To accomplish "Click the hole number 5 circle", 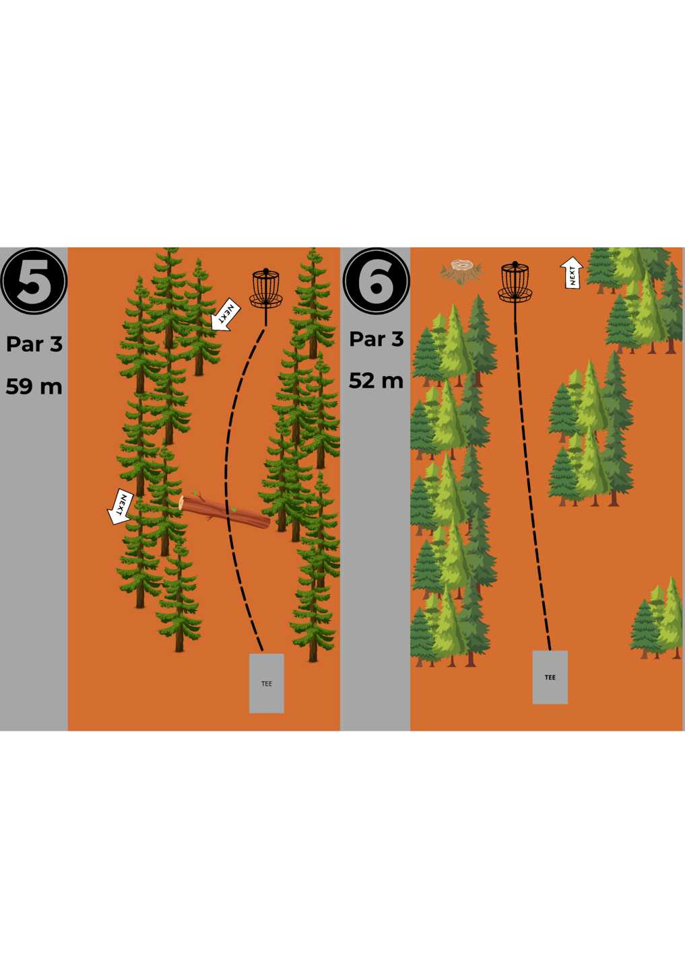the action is point(34,281).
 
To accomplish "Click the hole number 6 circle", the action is point(377,281).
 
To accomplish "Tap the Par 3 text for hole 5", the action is point(34,344).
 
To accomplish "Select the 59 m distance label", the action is point(34,386).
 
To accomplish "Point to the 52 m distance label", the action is point(377,381).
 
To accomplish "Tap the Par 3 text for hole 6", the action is point(377,338).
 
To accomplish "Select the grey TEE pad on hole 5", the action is point(267,683).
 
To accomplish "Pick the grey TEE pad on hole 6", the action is point(550,677).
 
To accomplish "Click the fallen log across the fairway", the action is point(225,512).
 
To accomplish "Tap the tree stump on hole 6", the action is point(462,272).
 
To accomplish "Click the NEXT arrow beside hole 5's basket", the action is point(225,316).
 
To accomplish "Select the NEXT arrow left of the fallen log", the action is point(120,507).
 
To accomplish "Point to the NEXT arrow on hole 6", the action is point(572,273).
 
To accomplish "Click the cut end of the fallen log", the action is point(182,503).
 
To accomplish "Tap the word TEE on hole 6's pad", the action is point(550,678).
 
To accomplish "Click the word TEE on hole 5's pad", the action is point(267,684).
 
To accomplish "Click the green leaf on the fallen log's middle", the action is point(233,509).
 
